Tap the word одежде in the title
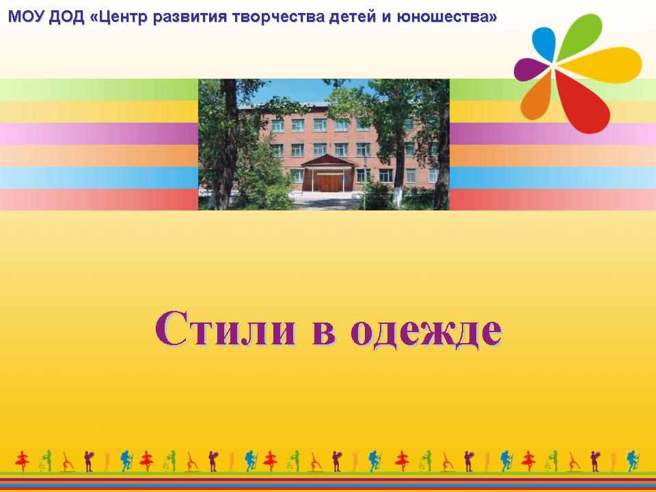tap(426, 331)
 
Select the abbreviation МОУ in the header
tap(26, 17)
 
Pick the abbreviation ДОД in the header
tap(66, 18)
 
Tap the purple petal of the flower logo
tap(530, 69)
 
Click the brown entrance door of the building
tap(329, 183)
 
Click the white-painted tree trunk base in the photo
tap(398, 197)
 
